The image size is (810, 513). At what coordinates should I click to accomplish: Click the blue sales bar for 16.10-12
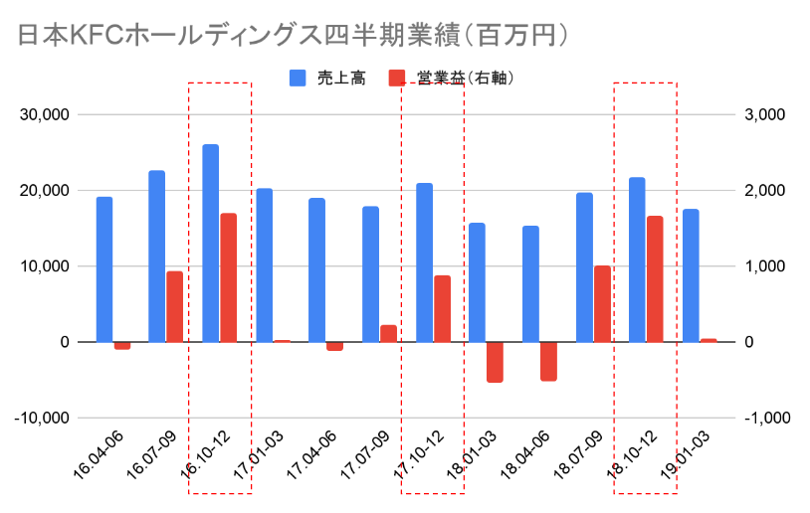[x=210, y=244]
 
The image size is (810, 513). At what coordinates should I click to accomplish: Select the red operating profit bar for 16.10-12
[x=228, y=277]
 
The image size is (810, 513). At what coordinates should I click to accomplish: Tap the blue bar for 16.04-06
[x=104, y=269]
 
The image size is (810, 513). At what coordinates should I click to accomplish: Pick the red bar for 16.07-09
[x=174, y=306]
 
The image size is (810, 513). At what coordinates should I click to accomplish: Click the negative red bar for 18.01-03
[x=495, y=362]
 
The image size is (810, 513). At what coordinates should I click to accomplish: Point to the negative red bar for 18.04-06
[x=548, y=361]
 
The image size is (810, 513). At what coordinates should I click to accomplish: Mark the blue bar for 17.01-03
[x=264, y=265]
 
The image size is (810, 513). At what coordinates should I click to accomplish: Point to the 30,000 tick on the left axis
[x=45, y=115]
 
